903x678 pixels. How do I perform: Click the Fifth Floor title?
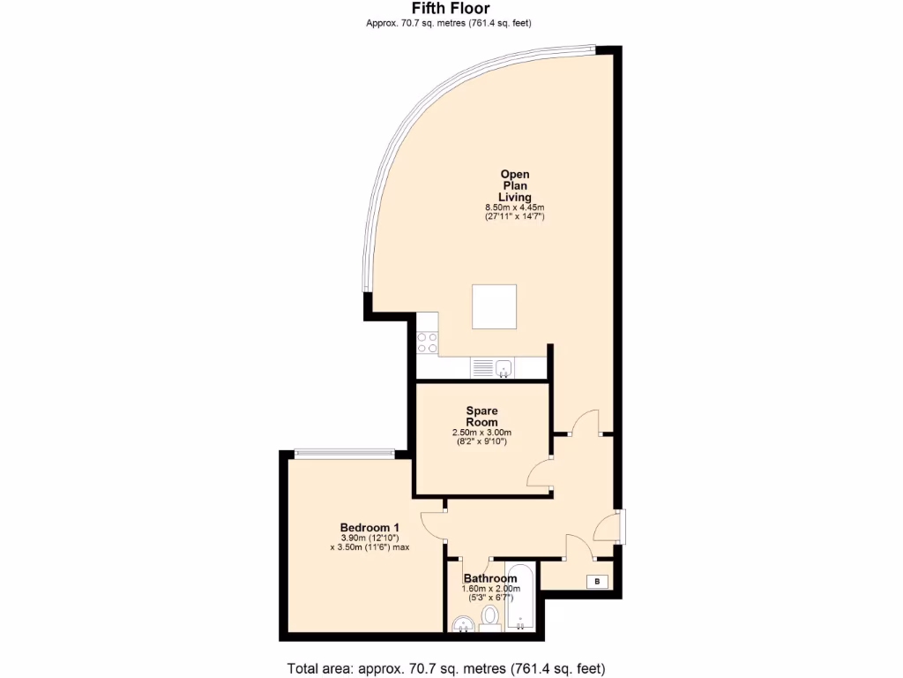pyautogui.click(x=451, y=9)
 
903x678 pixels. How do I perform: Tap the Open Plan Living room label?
pyautogui.click(x=515, y=185)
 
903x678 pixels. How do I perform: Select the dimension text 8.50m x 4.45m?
pyautogui.click(x=515, y=207)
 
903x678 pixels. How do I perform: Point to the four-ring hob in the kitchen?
pyautogui.click(x=428, y=342)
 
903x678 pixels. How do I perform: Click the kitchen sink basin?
pyautogui.click(x=504, y=367)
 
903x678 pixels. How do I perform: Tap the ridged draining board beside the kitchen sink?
pyautogui.click(x=482, y=367)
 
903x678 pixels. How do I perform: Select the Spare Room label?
pyautogui.click(x=481, y=417)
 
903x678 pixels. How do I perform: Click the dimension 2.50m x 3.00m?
pyautogui.click(x=481, y=433)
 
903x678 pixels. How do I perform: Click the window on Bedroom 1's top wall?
pyautogui.click(x=344, y=454)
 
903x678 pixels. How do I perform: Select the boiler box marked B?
pyautogui.click(x=598, y=581)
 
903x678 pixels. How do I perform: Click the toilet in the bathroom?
pyautogui.click(x=490, y=616)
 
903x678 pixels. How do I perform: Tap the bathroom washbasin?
pyautogui.click(x=460, y=626)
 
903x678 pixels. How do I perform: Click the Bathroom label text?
pyautogui.click(x=490, y=579)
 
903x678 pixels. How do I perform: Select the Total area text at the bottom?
pyautogui.click(x=446, y=667)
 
